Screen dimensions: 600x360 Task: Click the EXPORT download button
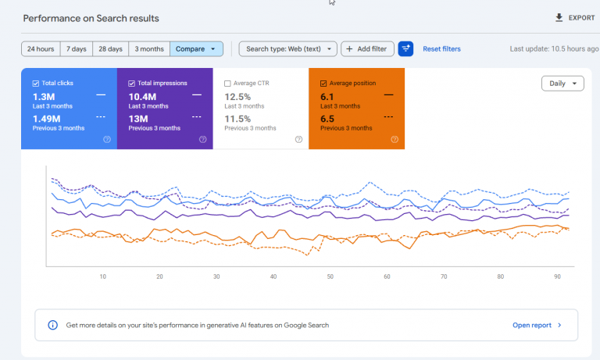(x=575, y=18)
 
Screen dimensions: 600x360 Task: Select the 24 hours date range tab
(x=41, y=49)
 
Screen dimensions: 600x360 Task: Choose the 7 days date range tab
(x=76, y=49)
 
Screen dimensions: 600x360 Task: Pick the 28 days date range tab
(x=111, y=49)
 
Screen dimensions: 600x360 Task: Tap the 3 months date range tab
(x=149, y=49)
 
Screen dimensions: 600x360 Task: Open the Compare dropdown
(x=196, y=49)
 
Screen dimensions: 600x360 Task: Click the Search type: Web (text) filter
(x=288, y=49)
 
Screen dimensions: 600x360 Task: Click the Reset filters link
(x=441, y=49)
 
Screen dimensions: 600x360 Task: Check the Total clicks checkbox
(x=36, y=84)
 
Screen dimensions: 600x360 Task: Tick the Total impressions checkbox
(x=131, y=84)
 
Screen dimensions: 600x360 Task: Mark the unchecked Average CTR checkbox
(x=227, y=84)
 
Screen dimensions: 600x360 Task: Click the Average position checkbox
(x=323, y=84)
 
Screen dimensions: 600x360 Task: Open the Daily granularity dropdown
(x=562, y=84)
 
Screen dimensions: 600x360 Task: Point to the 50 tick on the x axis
(x=330, y=276)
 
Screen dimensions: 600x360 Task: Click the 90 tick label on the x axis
(x=557, y=276)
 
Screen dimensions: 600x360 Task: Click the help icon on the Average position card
(x=395, y=139)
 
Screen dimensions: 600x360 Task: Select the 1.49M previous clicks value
(x=46, y=119)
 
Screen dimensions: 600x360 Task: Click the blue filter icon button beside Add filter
(x=405, y=49)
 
